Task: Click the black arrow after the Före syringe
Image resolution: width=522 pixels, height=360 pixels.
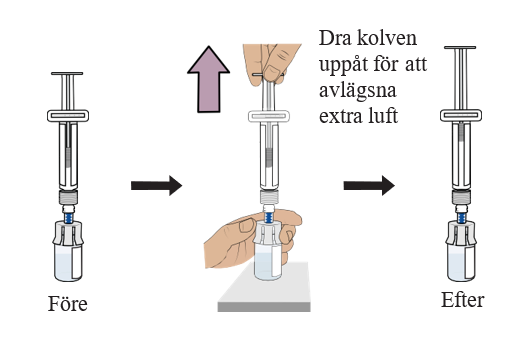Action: tap(156, 185)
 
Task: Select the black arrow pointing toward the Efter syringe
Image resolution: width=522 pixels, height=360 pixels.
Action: tap(369, 185)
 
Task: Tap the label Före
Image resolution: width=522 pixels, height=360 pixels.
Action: tap(68, 304)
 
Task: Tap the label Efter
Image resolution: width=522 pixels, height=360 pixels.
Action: tap(462, 300)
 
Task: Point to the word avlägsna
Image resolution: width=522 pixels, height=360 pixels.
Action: tap(358, 91)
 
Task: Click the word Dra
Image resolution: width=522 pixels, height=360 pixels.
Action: tap(335, 38)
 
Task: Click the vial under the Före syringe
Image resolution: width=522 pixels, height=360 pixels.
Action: tap(68, 251)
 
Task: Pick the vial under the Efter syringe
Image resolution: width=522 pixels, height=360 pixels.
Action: tap(461, 251)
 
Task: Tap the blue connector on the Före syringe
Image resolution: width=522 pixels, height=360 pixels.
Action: tap(68, 218)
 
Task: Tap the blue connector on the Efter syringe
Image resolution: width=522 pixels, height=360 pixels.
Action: tap(461, 218)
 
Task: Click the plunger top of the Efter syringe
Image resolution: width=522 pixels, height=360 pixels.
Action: tap(460, 48)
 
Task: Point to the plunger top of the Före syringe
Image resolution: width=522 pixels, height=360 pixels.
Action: tap(67, 73)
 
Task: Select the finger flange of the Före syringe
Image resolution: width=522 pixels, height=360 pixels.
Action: tap(68, 116)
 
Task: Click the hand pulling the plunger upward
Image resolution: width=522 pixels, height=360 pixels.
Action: tap(272, 63)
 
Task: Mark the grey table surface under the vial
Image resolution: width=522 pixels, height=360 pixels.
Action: tap(264, 288)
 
